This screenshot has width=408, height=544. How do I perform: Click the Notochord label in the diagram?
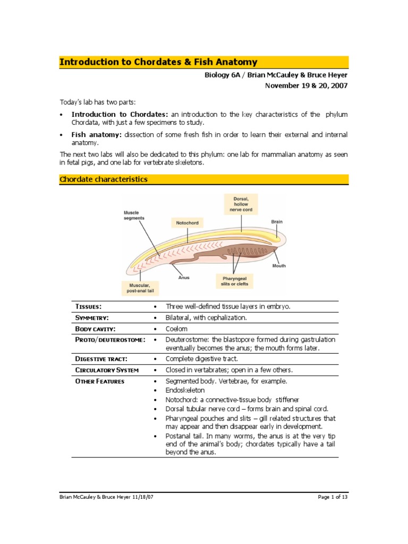click(187, 223)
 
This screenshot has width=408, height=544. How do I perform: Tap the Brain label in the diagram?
click(277, 222)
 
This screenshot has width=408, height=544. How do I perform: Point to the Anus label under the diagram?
click(183, 277)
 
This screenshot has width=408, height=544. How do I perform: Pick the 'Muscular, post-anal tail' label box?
click(140, 288)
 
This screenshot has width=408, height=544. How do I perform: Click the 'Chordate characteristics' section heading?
click(103, 180)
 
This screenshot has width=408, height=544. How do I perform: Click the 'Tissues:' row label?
click(88, 307)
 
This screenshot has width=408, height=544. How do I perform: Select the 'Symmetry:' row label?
click(92, 318)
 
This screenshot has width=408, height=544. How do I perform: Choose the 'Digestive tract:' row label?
click(101, 359)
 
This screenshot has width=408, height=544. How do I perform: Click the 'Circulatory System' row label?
click(107, 370)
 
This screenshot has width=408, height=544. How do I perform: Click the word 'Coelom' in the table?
click(177, 329)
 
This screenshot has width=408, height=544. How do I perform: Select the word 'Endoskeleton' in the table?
click(185, 390)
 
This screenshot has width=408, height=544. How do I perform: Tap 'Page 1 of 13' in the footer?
click(333, 497)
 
